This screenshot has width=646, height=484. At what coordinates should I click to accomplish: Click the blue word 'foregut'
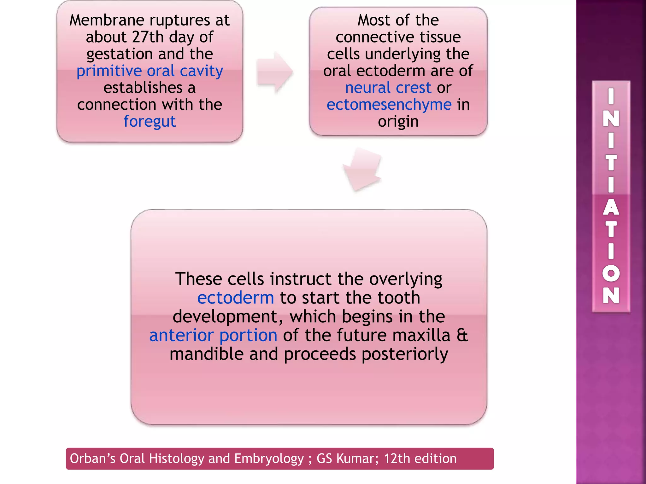point(150,122)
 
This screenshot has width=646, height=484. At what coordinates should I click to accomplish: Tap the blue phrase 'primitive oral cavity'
point(150,71)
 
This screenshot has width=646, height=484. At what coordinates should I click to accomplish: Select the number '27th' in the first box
point(148,37)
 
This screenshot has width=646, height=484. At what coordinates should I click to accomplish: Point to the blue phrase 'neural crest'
point(388,88)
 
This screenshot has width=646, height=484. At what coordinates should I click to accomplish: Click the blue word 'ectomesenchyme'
point(389,105)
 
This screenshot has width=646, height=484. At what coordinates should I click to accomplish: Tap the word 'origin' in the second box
point(398,121)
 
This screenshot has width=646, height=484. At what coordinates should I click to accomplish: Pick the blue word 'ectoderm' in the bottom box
point(236,298)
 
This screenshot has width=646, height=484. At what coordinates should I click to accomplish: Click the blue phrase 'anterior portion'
point(213,335)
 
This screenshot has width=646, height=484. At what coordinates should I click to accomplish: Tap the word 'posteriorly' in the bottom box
point(405,354)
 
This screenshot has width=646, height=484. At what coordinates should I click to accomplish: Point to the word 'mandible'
point(207,354)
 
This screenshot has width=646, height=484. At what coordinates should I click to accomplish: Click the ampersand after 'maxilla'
point(462,335)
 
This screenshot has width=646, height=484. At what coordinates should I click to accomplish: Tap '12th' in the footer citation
point(396,459)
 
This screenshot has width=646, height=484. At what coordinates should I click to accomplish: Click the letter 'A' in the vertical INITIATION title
point(611,207)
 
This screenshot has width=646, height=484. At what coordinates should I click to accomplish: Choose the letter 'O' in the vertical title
point(611,273)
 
